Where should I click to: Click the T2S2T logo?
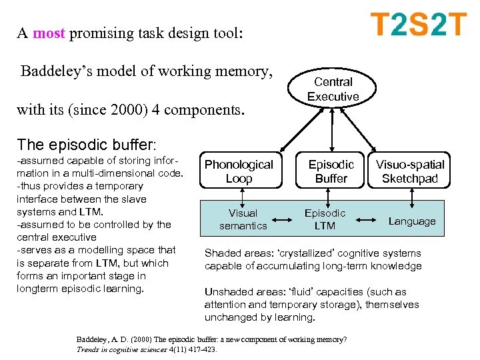418,25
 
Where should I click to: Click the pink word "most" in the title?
48,34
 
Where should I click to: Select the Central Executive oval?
333,89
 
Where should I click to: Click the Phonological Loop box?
239,171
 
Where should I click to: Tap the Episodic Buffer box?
331,171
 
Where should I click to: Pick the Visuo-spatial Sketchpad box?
409,171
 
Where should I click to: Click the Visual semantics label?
243,219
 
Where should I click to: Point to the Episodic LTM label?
325,219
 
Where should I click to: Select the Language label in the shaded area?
411,221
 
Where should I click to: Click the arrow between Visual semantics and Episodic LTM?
283,219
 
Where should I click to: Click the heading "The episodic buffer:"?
87,145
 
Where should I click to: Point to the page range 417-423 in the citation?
201,348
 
